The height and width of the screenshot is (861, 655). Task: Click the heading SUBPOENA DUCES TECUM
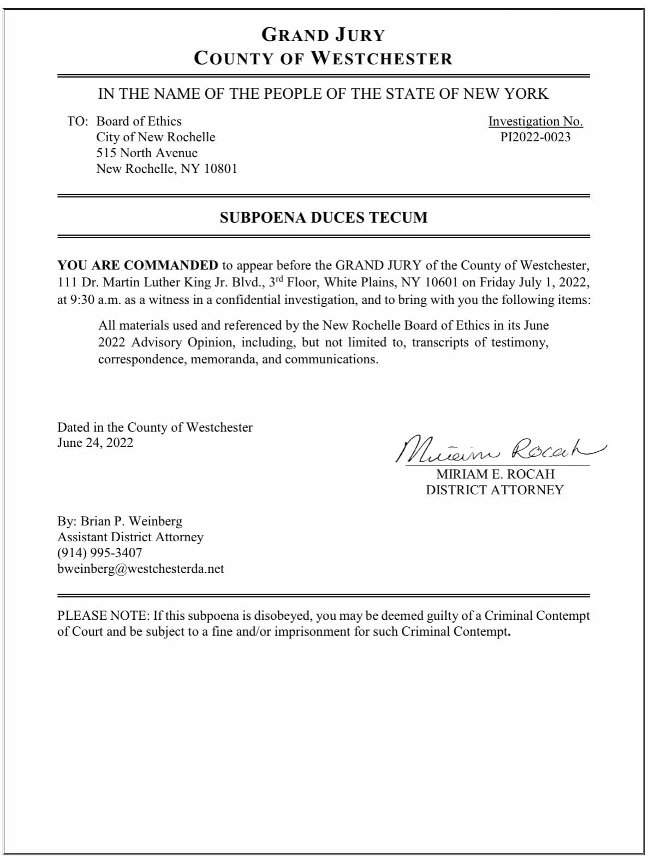[x=323, y=217]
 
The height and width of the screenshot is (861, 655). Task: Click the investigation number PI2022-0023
[x=535, y=137]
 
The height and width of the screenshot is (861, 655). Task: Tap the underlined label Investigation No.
[x=535, y=121]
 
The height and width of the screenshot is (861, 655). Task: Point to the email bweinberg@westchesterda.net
[x=141, y=569]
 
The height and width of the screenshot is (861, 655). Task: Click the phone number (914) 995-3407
[x=99, y=553]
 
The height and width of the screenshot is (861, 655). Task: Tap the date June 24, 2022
[x=95, y=443]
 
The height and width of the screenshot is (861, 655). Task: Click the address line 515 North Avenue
[x=147, y=153]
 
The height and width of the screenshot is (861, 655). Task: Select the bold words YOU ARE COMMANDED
[x=138, y=266]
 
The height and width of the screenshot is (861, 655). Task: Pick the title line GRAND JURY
[x=323, y=35]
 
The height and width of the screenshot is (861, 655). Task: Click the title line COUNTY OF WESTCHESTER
[x=323, y=58]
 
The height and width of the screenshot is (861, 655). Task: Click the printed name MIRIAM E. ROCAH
[x=495, y=474]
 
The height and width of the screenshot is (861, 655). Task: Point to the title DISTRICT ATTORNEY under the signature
[x=495, y=490]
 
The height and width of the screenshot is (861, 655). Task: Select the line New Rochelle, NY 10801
[x=166, y=169]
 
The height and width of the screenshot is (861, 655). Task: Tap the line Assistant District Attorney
[x=130, y=537]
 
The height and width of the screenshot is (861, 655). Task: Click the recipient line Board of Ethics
[x=139, y=121]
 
